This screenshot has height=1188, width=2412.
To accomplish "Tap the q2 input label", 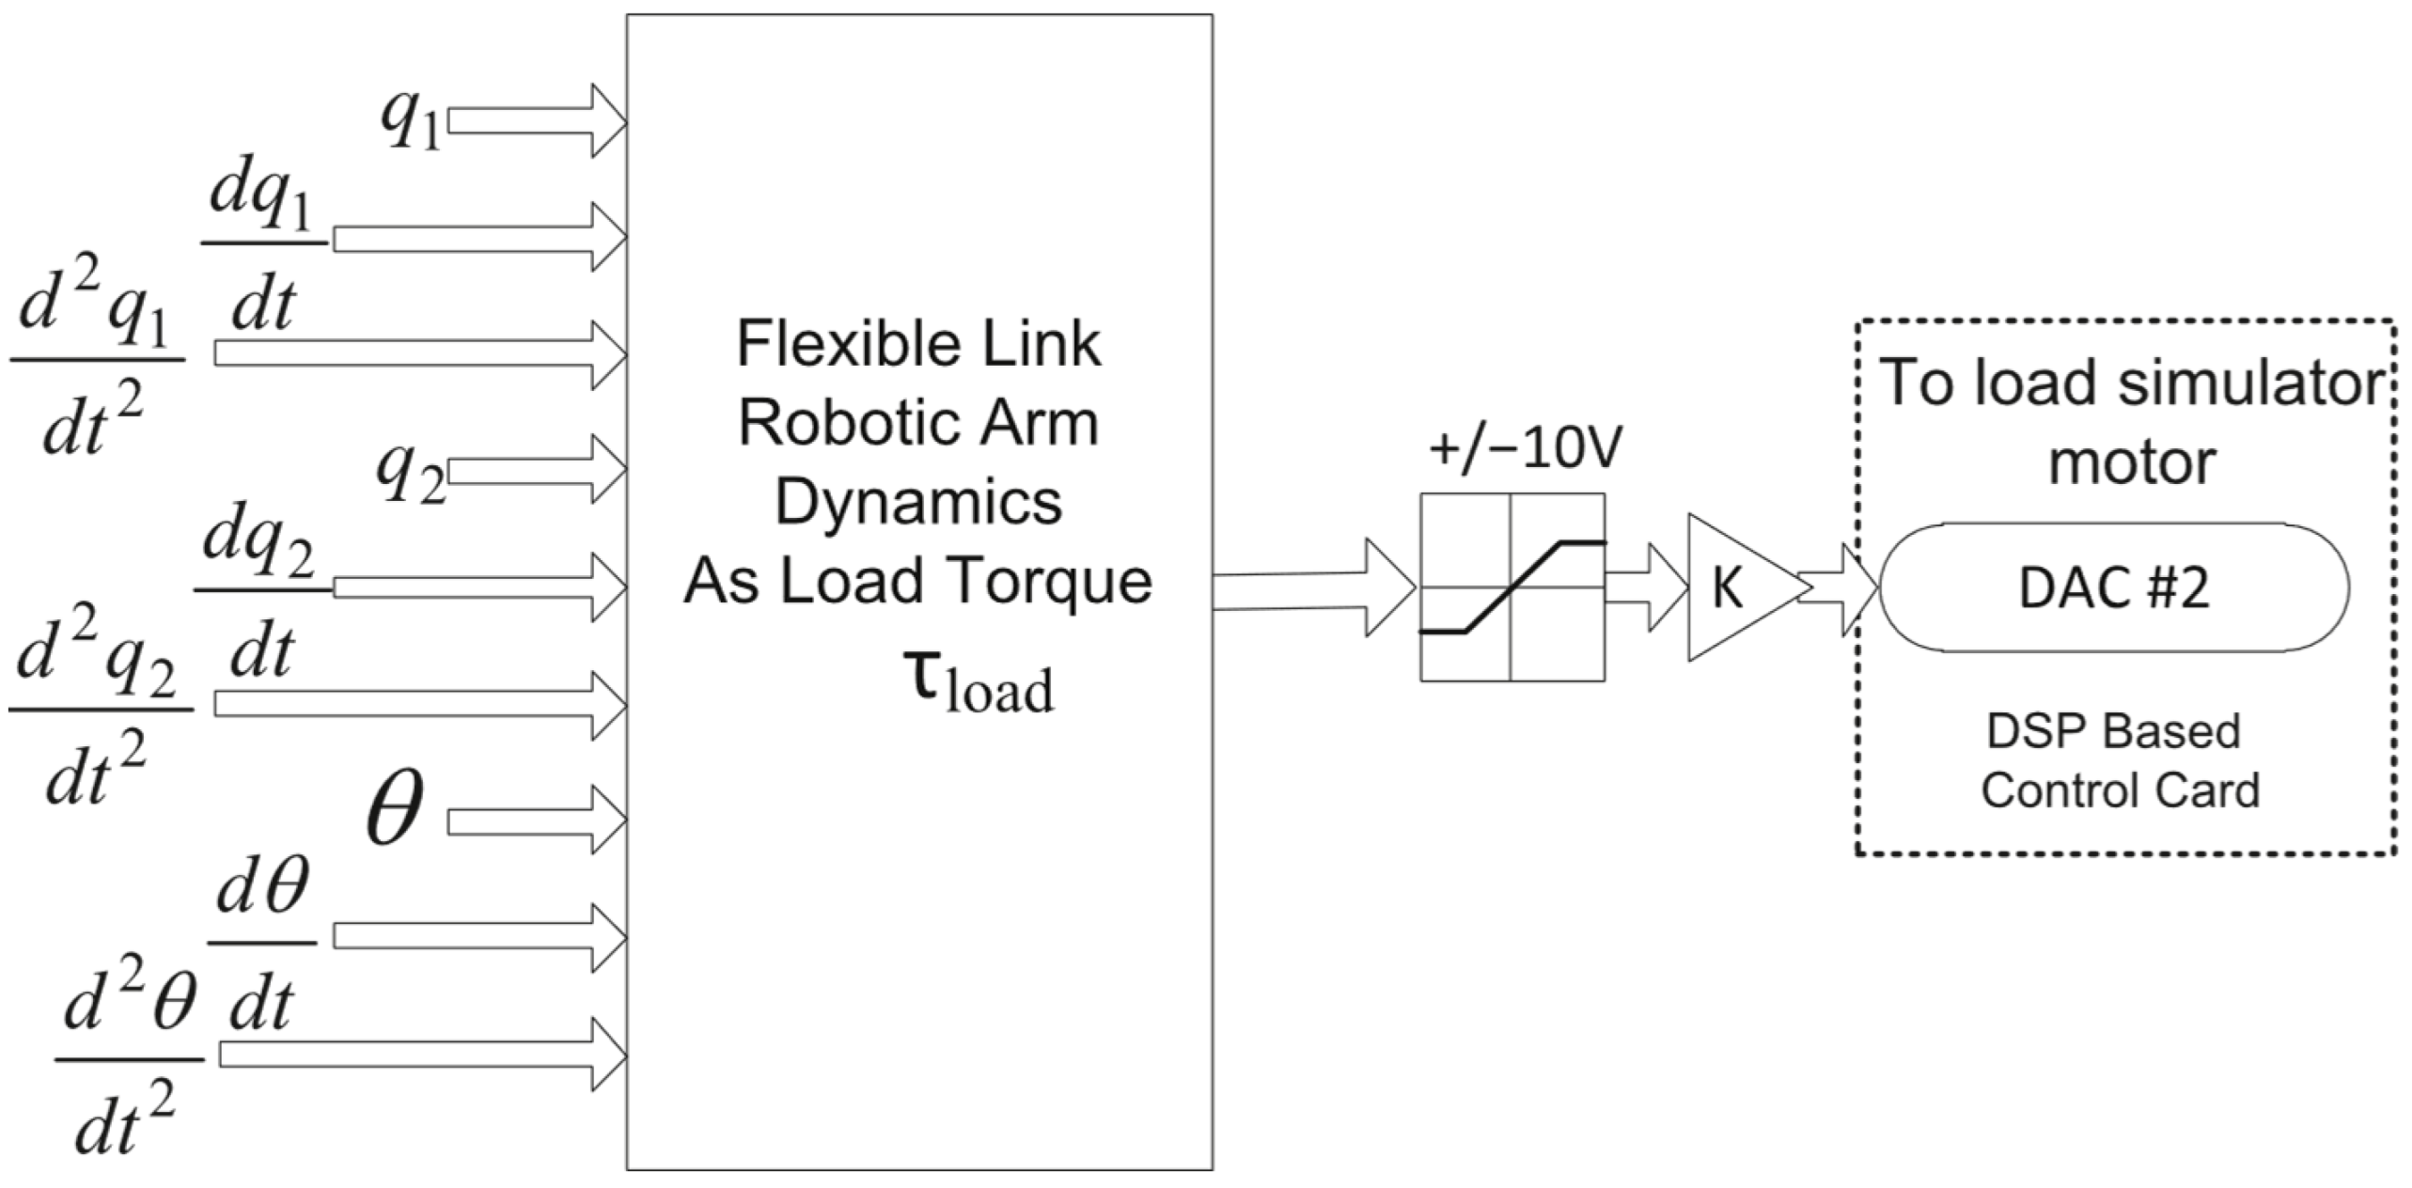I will coord(410,473).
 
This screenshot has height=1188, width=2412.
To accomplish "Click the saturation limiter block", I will coord(1511,587).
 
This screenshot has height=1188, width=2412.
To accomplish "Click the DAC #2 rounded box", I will coord(2113,588).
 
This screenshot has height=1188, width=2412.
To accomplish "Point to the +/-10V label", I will coord(1525,449).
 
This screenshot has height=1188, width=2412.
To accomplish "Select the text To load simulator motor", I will coord(2130,421).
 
